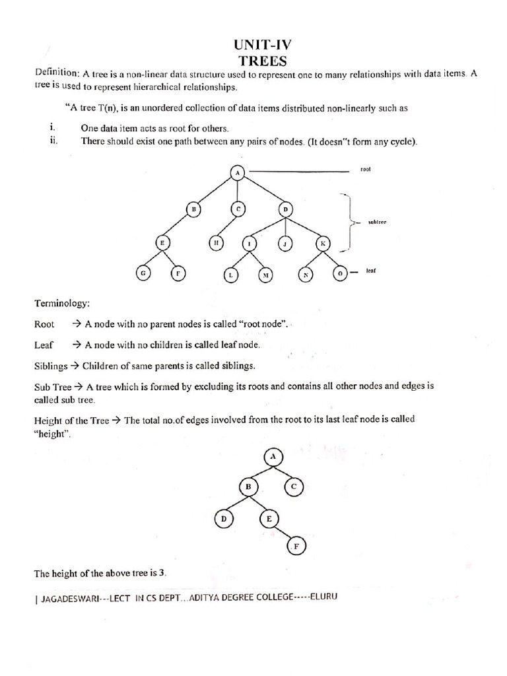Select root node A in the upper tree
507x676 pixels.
tap(238, 172)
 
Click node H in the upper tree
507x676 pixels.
tap(216, 242)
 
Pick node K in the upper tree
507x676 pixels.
tap(323, 243)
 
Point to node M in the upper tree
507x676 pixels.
tap(266, 274)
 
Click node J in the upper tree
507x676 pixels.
tap(285, 243)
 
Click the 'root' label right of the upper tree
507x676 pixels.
tap(366, 170)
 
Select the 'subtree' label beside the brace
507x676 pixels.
tap(376, 222)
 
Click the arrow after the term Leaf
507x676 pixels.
tap(76, 345)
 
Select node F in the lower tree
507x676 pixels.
tap(296, 547)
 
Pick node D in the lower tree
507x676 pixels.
tap(224, 520)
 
